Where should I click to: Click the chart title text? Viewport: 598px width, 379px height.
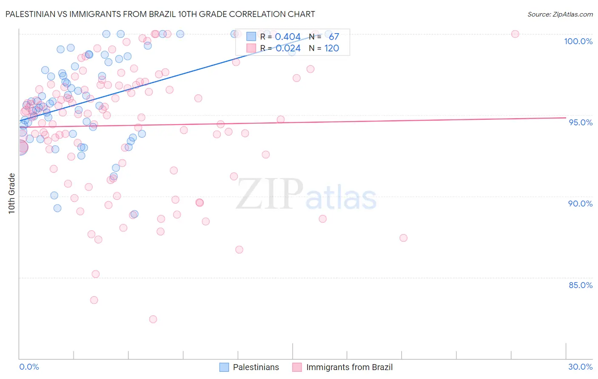coord(160,14)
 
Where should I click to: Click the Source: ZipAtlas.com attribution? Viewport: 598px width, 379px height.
coord(560,14)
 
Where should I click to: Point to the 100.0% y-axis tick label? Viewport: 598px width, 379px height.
coord(578,41)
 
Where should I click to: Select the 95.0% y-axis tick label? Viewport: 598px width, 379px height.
coord(581,122)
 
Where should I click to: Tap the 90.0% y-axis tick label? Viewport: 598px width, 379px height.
coord(580,204)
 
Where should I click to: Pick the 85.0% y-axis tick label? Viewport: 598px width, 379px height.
coord(581,285)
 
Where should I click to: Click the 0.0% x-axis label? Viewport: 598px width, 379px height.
coord(29,367)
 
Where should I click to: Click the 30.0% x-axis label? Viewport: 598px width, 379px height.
coord(580,367)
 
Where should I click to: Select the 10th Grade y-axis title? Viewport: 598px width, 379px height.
coord(12,193)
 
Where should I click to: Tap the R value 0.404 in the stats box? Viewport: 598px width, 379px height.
coord(288,37)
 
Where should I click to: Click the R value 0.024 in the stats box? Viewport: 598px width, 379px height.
coord(288,48)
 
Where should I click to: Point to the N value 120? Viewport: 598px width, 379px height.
coord(332,48)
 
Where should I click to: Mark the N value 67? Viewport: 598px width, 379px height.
coord(334,37)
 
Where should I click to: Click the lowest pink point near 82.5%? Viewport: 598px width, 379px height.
coord(153,319)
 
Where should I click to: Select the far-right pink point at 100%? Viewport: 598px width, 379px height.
coord(515,34)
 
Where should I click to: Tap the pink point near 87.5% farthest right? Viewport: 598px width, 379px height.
coord(404,238)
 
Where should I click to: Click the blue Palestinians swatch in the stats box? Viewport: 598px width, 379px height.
coord(251,37)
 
